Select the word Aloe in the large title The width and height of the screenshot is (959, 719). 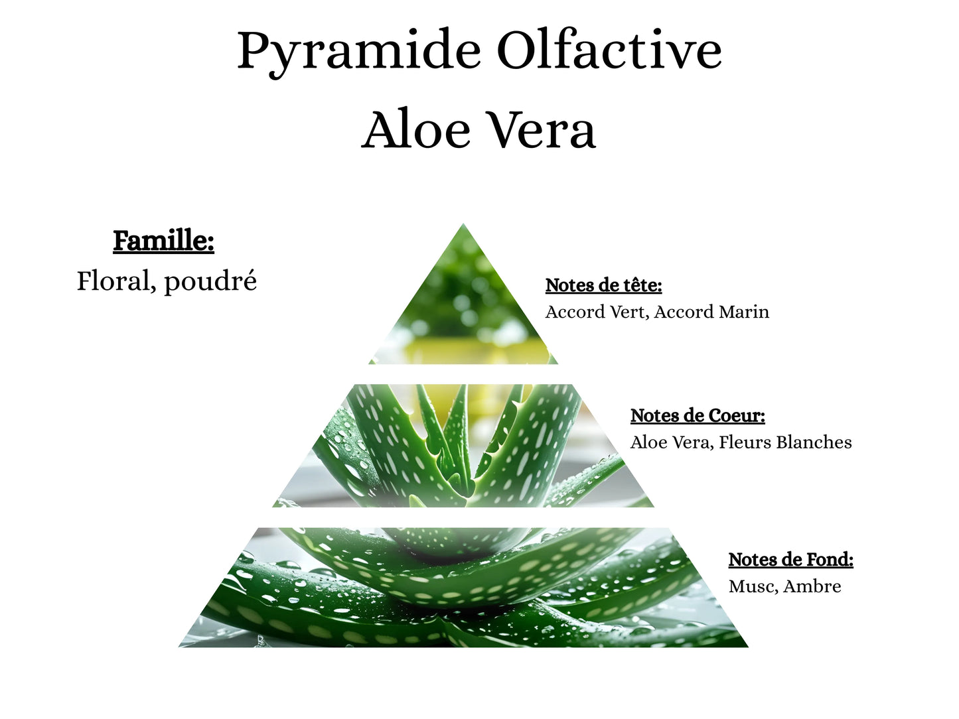(x=416, y=130)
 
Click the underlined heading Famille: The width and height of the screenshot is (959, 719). (x=163, y=241)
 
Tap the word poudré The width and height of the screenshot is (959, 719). (x=210, y=282)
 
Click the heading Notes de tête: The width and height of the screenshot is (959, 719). (x=603, y=285)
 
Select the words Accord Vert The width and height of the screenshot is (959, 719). (x=595, y=312)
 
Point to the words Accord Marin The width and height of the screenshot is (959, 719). (x=711, y=312)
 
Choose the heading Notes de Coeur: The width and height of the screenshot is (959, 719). (x=698, y=416)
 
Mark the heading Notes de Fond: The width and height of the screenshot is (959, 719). (x=790, y=560)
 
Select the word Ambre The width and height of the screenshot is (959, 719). (x=812, y=586)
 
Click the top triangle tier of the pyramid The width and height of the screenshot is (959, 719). (x=463, y=312)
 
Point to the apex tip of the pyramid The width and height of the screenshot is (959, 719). (x=463, y=227)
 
